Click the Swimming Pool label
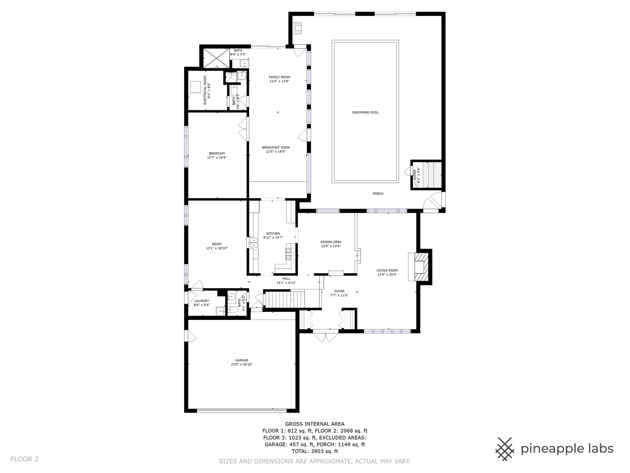tap(365, 112)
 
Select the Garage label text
tap(241, 362)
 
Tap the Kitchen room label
tap(273, 236)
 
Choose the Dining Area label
tap(331, 244)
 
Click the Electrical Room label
tap(207, 90)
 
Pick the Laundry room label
tap(202, 303)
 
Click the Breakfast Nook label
tap(276, 149)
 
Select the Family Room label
tap(280, 79)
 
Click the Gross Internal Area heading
tap(315, 424)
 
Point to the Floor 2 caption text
tap(25, 459)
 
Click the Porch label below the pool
tap(378, 194)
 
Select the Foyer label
tap(339, 293)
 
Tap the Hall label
tap(286, 281)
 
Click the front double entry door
tap(325, 337)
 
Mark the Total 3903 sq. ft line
tap(315, 451)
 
